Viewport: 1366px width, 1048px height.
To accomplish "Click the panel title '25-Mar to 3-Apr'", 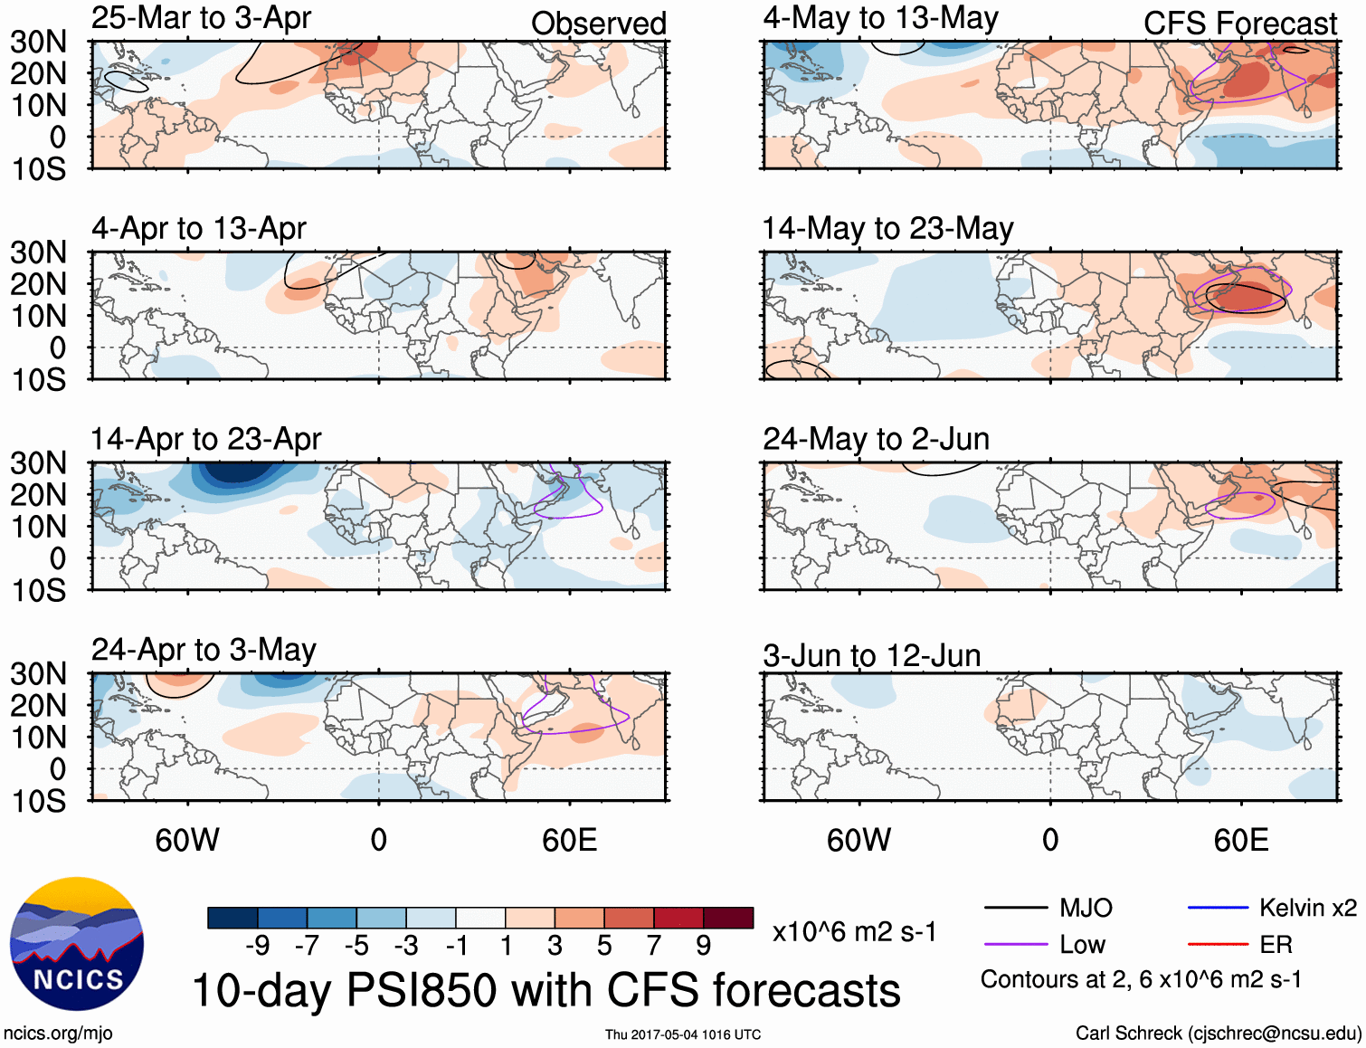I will (201, 18).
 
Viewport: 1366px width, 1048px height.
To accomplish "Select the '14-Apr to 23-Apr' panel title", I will (205, 439).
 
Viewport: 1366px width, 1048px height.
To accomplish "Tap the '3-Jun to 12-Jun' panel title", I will (871, 655).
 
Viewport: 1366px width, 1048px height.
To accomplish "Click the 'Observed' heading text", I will (598, 24).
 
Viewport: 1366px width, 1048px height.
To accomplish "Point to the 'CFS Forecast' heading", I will (1239, 24).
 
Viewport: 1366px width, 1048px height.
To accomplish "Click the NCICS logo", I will (77, 944).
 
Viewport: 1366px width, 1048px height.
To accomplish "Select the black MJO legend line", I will (1015, 908).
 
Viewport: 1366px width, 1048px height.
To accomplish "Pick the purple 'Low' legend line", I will (1015, 945).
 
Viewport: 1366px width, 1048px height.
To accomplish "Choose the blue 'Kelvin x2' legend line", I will (1218, 908).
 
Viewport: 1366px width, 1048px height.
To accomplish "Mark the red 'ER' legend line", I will (1218, 945).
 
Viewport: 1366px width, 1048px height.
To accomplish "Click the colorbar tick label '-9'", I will (258, 946).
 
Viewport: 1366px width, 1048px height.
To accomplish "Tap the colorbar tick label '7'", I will (653, 946).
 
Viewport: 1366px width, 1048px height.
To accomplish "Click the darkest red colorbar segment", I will (728, 918).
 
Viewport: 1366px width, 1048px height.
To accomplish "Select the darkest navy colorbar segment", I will (232, 918).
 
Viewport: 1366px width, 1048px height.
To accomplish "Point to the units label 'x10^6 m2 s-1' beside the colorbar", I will (854, 931).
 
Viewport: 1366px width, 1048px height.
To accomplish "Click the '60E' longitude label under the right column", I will (1240, 841).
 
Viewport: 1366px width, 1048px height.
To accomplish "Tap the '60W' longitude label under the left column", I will (187, 841).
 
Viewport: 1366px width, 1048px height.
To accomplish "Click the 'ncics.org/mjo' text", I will (58, 1034).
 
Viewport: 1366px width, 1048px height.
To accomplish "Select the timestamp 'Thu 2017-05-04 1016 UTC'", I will (683, 1034).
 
